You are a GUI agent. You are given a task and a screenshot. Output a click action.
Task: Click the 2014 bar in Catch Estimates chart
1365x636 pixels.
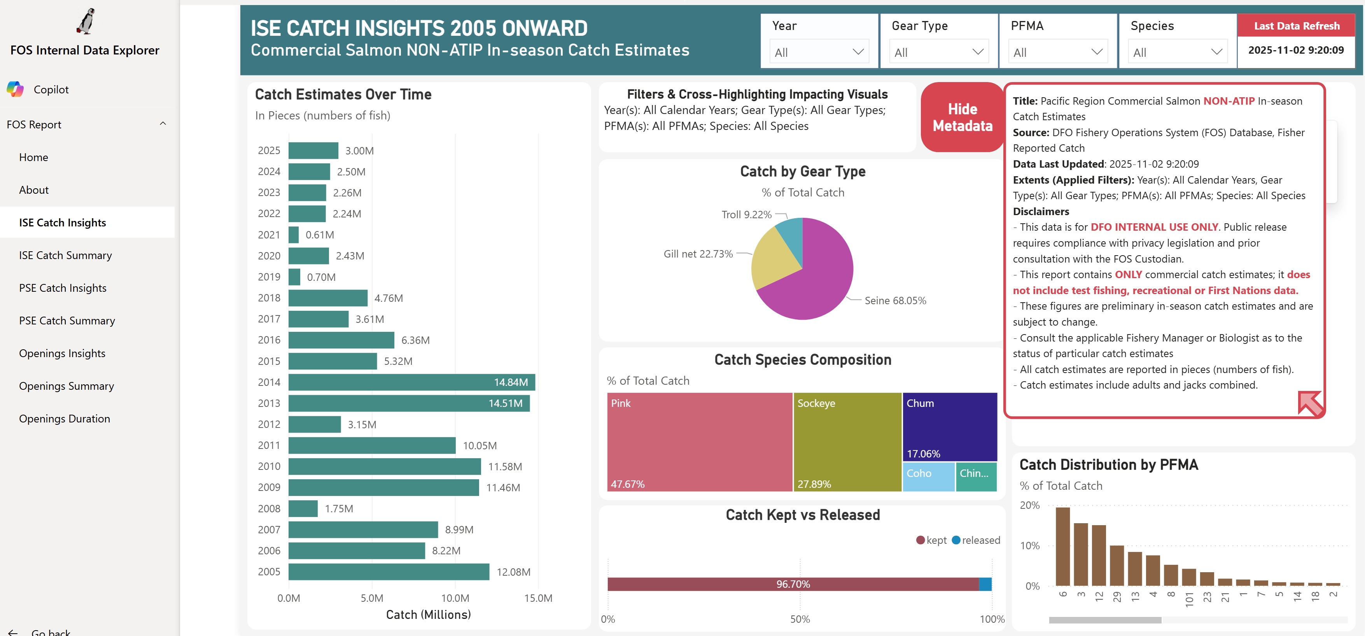click(411, 382)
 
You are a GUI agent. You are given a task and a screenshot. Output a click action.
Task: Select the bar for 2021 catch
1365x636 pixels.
click(294, 235)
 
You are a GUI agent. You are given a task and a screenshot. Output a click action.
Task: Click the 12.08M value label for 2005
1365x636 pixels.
click(513, 572)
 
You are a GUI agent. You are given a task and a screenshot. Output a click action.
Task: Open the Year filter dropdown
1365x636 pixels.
click(819, 52)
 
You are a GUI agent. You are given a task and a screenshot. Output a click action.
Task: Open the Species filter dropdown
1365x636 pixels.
click(1177, 52)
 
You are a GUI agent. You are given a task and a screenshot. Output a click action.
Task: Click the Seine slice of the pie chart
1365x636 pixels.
click(816, 286)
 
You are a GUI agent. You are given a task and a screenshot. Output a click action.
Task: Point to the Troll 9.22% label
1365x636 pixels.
click(746, 215)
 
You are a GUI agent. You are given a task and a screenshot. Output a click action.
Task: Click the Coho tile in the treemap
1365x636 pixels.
click(928, 477)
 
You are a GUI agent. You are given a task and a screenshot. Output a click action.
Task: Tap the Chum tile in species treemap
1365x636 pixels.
click(949, 427)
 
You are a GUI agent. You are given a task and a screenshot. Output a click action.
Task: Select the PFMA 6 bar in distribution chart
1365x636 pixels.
click(1062, 546)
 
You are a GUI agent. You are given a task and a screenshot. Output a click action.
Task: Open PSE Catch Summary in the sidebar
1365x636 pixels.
click(67, 321)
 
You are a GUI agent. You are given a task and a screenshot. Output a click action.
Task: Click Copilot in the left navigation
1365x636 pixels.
click(51, 89)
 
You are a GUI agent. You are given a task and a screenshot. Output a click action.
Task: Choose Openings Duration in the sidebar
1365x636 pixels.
click(65, 419)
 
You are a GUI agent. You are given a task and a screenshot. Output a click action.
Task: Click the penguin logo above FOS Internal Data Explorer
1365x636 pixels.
click(85, 21)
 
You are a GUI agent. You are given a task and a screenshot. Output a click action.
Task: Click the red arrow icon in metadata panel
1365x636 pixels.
click(1309, 403)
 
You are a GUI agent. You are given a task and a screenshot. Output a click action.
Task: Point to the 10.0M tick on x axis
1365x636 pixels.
click(455, 598)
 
